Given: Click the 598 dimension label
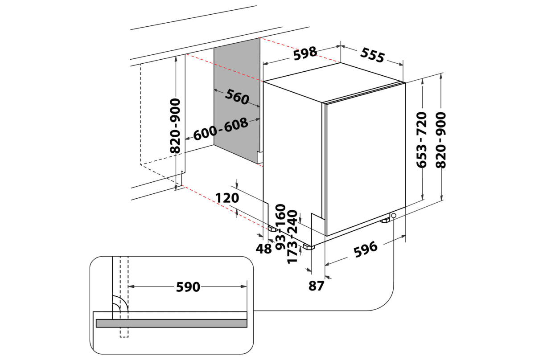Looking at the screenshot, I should [305, 53].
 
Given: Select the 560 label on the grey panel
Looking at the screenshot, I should [236, 97].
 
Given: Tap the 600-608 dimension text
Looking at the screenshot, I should [220, 130].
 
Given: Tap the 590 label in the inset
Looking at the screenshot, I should [188, 287].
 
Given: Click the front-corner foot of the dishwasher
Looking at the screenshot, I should [309, 245].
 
